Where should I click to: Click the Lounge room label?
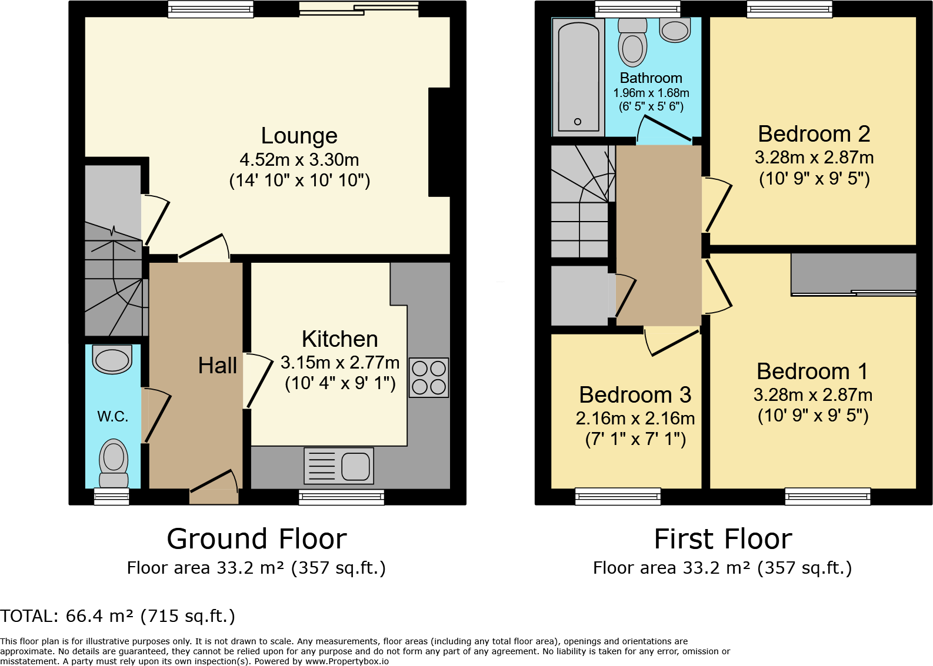299,136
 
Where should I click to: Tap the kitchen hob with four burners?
429,378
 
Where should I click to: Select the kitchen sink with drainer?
339,466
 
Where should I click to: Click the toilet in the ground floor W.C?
114,461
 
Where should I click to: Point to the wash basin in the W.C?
112,359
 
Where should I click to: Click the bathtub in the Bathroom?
578,76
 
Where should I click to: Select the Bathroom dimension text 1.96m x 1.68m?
651,93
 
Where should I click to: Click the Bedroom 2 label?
814,134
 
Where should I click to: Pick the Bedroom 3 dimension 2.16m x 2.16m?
635,419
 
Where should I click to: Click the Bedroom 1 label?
812,372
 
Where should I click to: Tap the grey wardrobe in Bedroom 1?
853,273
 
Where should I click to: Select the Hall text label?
217,366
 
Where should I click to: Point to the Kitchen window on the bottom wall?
341,497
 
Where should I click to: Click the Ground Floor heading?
256,539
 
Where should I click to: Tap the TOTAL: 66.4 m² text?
118,616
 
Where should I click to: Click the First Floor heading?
723,539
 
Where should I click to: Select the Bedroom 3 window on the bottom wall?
618,497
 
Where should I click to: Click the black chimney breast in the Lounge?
439,142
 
